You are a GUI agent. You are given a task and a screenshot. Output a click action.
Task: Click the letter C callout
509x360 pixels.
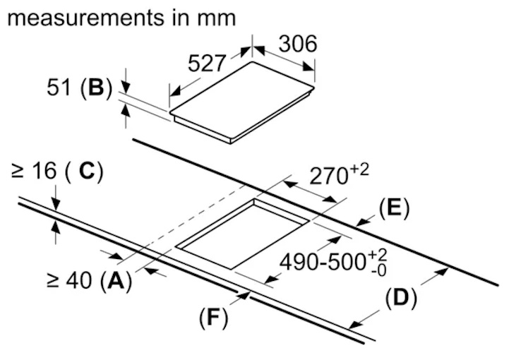click(x=85, y=172)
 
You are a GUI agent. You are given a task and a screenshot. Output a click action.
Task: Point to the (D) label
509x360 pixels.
click(x=400, y=299)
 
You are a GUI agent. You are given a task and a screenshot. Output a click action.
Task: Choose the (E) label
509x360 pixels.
click(x=393, y=208)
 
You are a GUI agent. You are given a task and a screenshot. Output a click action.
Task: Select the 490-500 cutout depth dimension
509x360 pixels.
click(x=322, y=262)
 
